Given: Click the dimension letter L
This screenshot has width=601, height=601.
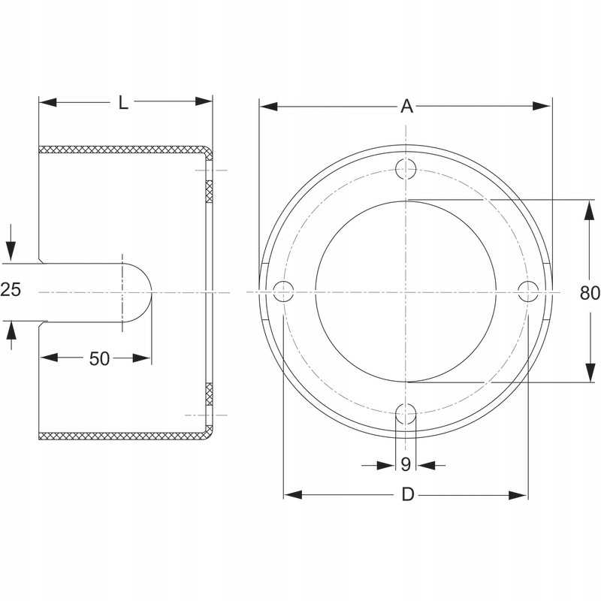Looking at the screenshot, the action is (x=123, y=103).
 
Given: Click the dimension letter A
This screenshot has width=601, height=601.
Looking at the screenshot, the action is (x=406, y=106).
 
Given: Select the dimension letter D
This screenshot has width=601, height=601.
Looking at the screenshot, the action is (x=408, y=494).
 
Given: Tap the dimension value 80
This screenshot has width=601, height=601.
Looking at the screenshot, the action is (x=590, y=293).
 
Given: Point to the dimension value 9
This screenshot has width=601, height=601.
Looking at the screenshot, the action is (x=406, y=464).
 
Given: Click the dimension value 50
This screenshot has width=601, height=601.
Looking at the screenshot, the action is (x=99, y=359).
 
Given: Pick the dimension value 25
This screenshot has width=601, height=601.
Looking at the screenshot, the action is (x=11, y=289).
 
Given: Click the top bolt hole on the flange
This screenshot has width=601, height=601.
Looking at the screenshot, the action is (x=406, y=168).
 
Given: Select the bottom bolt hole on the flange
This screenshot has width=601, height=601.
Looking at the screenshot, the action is (x=406, y=414).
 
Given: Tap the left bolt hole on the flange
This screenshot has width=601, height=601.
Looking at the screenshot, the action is (x=283, y=291).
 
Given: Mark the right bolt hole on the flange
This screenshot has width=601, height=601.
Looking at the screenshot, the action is (x=528, y=291).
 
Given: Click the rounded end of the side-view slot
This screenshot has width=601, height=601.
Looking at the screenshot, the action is (x=137, y=292).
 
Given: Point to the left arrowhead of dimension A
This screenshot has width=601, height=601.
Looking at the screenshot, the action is (x=268, y=106).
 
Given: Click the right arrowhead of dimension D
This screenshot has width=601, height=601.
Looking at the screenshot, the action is (x=518, y=495).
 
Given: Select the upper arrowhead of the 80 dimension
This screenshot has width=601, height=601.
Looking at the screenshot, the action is (x=590, y=210).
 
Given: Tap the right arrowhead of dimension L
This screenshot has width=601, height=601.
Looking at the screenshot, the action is (x=203, y=101).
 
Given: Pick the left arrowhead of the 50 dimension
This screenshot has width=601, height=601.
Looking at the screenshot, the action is (x=49, y=358).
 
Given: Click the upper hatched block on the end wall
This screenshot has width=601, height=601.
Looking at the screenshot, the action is (x=209, y=192).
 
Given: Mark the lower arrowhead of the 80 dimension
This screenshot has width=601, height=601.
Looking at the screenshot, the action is (x=590, y=373).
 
